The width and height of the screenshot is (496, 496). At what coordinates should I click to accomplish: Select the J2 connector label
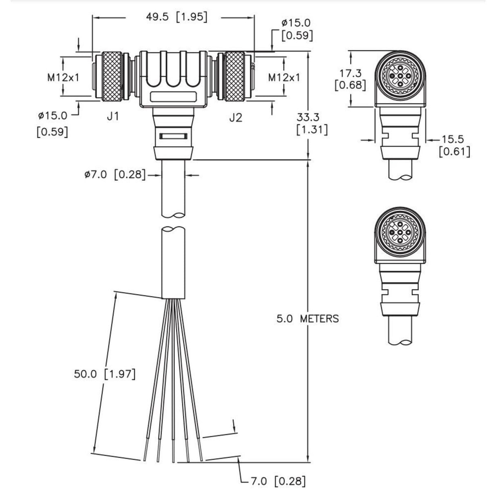[x=235, y=118]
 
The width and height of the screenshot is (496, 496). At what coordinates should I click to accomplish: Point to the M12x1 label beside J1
[x=63, y=77]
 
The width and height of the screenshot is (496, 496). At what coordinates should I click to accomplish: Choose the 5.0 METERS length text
[x=307, y=318]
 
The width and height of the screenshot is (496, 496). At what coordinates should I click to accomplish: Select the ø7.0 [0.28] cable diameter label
[x=115, y=175]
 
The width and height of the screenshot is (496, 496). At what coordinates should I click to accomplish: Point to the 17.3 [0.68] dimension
[x=350, y=79]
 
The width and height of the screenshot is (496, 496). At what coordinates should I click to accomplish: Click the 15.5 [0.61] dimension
[x=454, y=145]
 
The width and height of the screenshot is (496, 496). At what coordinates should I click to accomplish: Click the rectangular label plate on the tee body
[x=172, y=97]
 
